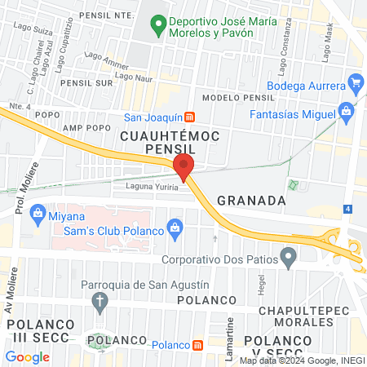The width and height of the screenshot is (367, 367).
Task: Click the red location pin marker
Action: [x=183, y=167]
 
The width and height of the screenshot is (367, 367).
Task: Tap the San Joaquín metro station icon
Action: [x=190, y=117]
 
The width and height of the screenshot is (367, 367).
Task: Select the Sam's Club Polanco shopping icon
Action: [x=173, y=226]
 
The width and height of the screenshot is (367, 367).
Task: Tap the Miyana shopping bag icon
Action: [x=37, y=214]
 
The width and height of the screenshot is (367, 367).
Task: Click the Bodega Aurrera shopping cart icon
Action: [x=354, y=82]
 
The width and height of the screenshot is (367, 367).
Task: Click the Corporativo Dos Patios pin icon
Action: [x=287, y=260]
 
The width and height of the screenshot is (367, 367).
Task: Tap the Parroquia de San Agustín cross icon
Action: [x=100, y=303]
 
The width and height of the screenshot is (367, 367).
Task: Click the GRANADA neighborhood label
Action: [x=251, y=201]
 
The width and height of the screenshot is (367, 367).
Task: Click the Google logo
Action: [x=27, y=356]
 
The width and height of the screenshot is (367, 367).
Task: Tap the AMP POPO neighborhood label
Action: [x=87, y=128]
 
